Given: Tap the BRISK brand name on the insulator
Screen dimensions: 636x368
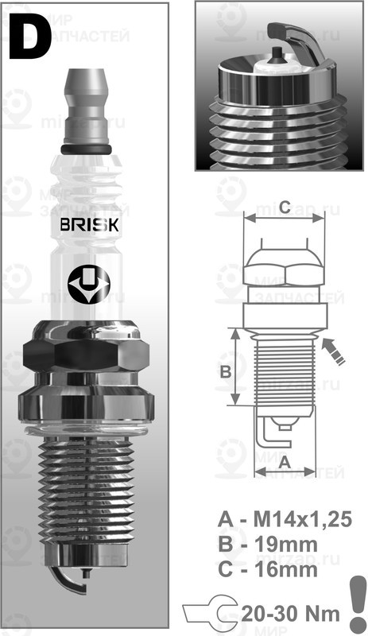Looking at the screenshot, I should click(90, 225).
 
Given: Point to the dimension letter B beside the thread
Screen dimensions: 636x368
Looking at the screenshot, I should click(225, 371).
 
